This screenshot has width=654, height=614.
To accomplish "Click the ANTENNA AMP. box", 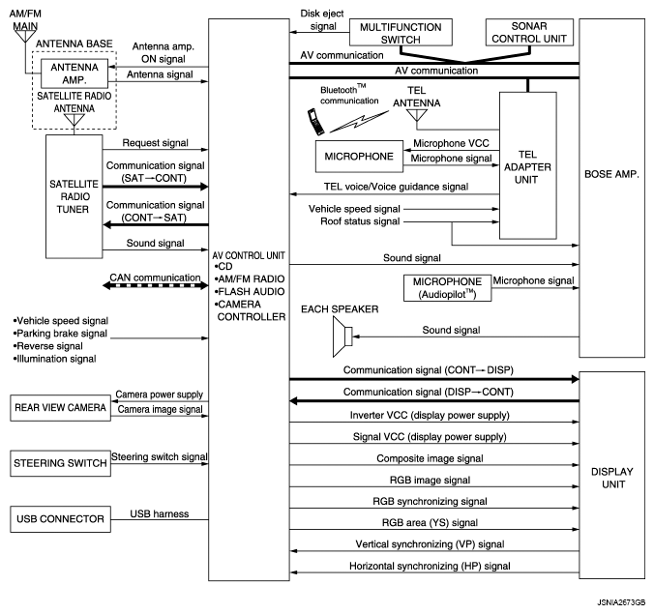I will tap(74, 74).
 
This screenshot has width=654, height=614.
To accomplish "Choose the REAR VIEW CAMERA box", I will tap(60, 409).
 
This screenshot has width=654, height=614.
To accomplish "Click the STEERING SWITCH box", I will tap(60, 463).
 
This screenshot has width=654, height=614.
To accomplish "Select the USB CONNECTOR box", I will tap(60, 519).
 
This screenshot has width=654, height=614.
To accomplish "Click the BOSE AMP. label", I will tap(610, 176).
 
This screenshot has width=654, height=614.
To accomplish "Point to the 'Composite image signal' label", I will tap(429, 457).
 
